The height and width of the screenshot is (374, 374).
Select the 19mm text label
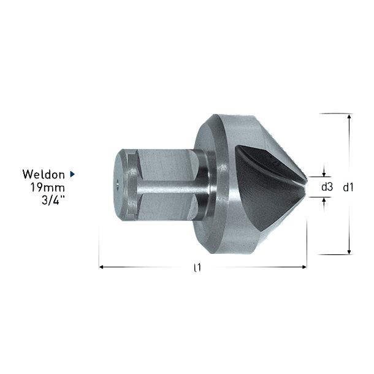click(x=47, y=186)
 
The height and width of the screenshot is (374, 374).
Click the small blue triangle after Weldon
click(x=72, y=175)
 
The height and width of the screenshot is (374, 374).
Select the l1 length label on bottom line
click(x=195, y=267)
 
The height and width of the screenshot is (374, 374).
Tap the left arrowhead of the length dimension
click(x=102, y=267)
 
